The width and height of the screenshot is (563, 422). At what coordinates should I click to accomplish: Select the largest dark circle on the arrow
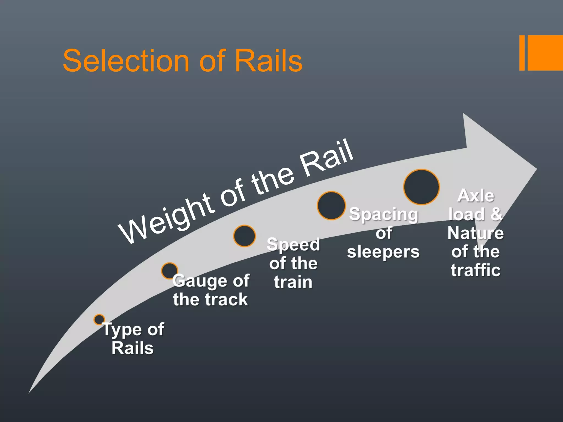tap(421, 187)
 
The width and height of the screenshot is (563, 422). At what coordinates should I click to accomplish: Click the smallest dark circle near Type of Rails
tap(99, 320)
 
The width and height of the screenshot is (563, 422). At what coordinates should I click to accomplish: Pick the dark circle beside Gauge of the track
tap(169, 271)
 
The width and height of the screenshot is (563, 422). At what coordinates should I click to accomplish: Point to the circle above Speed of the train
tap(244, 236)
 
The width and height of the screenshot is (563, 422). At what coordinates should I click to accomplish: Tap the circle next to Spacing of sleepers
tap(331, 206)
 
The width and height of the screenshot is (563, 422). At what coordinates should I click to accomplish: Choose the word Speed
tap(293, 245)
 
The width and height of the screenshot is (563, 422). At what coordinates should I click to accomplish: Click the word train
tap(293, 282)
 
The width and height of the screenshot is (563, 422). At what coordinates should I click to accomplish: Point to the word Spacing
tap(383, 215)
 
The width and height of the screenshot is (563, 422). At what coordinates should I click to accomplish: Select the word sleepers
tap(383, 252)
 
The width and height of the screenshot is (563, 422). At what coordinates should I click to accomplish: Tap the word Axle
tap(476, 196)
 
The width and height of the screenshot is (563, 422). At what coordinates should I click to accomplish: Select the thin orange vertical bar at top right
tap(522, 53)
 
